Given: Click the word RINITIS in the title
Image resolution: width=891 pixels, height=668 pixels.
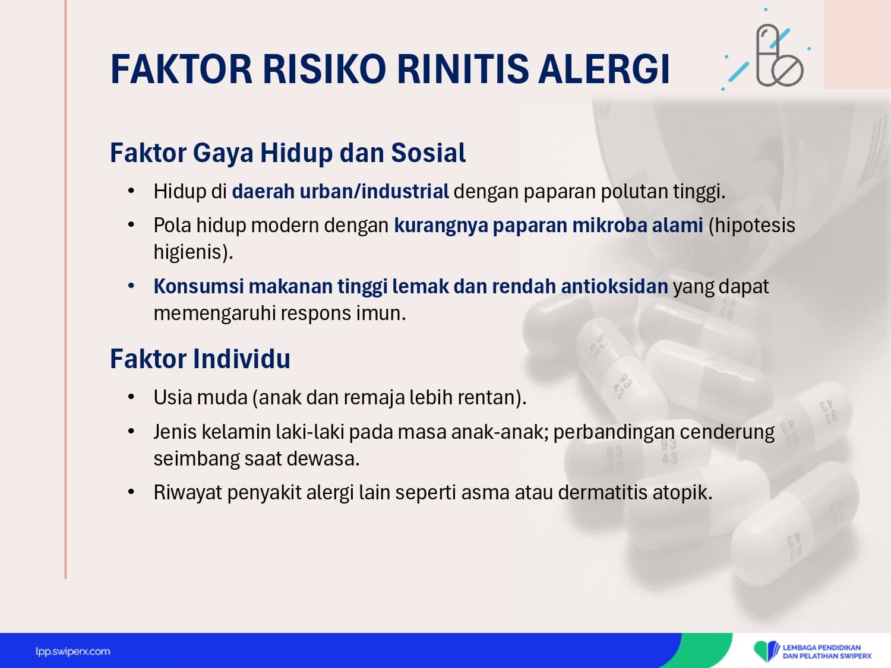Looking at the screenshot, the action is pos(463,69).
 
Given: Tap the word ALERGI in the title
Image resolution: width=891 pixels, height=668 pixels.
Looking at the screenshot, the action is pos(604,69).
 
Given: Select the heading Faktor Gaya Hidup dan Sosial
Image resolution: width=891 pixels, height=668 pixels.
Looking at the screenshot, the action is pos(288,154).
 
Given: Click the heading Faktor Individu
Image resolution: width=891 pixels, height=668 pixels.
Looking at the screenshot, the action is pos(200,359).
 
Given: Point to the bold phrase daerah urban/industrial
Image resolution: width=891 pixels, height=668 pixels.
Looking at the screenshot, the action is pos(340,191).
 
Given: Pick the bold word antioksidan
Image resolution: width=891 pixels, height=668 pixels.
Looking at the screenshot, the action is pos(615,286).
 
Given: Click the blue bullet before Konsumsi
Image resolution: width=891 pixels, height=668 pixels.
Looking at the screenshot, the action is pos(131,286).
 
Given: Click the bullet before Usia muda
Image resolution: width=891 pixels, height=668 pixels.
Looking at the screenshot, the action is pos(131,397).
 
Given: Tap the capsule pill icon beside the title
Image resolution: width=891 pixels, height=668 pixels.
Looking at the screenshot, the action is pos(779,56).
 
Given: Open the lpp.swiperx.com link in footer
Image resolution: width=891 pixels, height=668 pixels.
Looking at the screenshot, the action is pos(72,652).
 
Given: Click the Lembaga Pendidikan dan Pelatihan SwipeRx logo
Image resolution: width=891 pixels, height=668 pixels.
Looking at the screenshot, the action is pos(812,651).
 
